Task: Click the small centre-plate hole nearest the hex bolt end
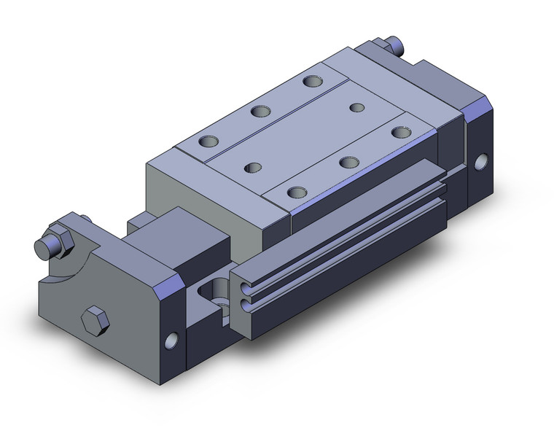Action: click(x=254, y=168)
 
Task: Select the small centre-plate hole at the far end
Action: click(x=356, y=108)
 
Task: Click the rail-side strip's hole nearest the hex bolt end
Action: click(x=295, y=192)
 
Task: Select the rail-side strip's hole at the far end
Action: click(x=398, y=132)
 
